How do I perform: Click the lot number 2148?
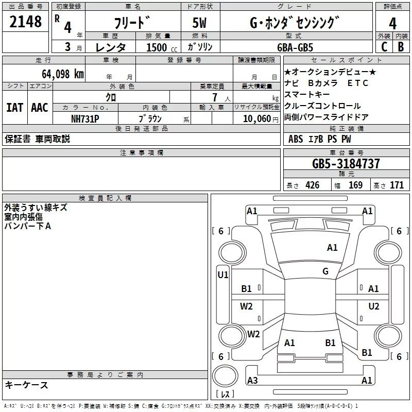(26, 22)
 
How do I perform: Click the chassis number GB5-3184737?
(346, 164)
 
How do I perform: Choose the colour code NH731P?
(85, 119)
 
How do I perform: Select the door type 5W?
(201, 23)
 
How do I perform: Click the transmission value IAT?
(14, 108)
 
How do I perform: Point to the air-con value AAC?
(39, 108)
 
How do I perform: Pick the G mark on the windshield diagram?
(325, 271)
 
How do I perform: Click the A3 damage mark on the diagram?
(252, 381)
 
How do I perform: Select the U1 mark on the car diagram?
(222, 275)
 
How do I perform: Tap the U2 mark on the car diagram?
(373, 306)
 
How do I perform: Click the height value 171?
(397, 185)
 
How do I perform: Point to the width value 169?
(356, 185)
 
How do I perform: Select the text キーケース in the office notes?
(27, 385)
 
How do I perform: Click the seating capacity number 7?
(220, 97)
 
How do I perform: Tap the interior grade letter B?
(401, 47)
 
